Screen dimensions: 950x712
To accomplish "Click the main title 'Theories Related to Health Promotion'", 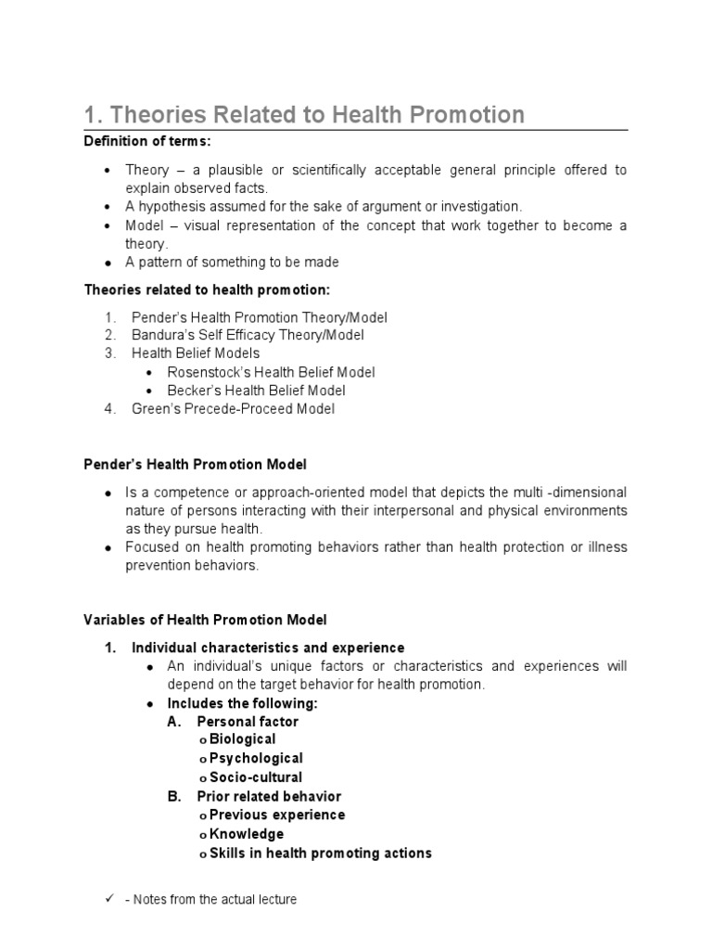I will tap(304, 115).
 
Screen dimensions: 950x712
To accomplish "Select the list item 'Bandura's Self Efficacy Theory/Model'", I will tap(248, 335).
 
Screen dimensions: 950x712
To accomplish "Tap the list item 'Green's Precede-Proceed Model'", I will tap(233, 408).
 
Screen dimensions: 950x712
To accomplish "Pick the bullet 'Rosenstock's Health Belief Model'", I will tap(271, 372).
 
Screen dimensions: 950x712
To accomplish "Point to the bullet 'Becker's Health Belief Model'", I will tap(256, 391).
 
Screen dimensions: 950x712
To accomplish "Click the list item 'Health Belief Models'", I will tap(196, 353).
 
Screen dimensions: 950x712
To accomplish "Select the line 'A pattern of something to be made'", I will tap(233, 263).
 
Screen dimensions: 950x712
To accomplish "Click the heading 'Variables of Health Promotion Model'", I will tap(205, 620).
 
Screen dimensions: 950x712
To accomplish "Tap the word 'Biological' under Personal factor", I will tap(242, 739).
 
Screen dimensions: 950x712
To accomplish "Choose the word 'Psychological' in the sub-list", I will tap(256, 759).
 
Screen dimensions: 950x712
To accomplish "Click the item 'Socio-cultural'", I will tap(255, 777).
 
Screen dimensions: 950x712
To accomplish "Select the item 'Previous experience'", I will tap(276, 815).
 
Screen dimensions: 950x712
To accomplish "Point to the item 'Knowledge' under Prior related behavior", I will tap(247, 834).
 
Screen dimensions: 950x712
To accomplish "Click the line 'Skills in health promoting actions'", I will tap(320, 853).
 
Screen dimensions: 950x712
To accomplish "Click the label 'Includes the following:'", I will tap(242, 703).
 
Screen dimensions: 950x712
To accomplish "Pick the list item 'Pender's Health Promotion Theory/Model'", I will tap(259, 317).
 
